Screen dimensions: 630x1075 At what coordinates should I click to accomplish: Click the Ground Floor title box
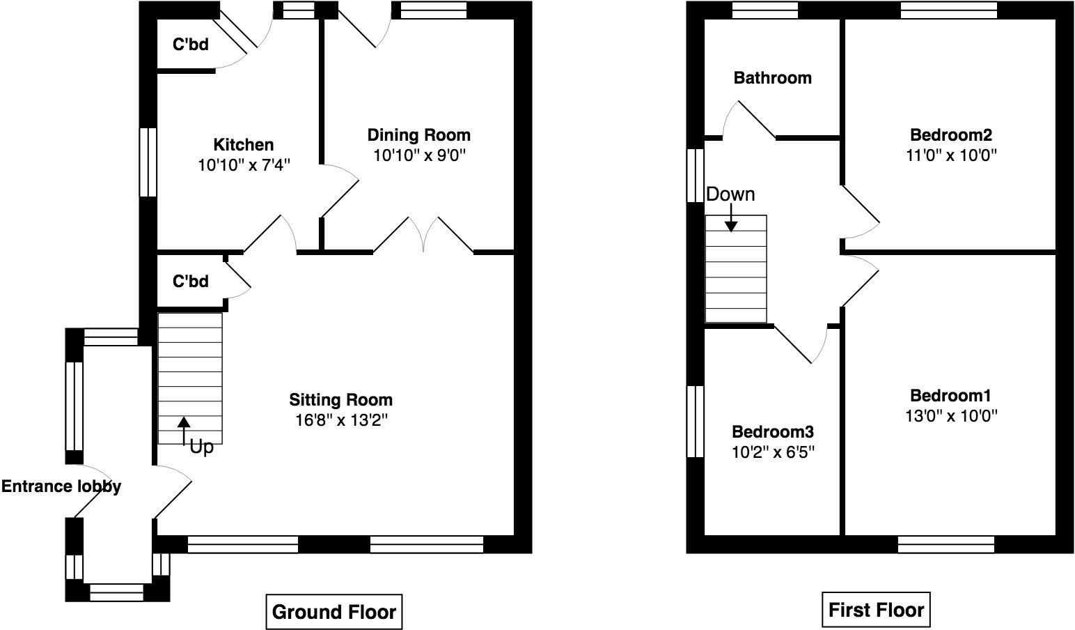[334, 612]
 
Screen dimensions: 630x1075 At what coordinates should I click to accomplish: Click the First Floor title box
[876, 610]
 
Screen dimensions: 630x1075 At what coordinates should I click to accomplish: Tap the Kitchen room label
[243, 145]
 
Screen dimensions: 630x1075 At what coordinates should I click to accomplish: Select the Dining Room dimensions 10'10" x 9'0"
[419, 155]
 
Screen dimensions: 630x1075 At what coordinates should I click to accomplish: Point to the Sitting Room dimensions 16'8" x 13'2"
[340, 420]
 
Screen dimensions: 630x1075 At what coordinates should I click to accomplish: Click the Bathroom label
[772, 77]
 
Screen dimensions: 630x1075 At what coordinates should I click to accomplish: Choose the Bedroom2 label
[950, 135]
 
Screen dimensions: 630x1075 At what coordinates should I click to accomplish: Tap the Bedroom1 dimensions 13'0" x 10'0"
[950, 416]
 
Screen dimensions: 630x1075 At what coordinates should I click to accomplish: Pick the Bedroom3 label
[773, 431]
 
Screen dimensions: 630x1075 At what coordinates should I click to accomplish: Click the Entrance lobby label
[61, 486]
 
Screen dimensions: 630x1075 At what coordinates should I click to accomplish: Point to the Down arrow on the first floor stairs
[731, 217]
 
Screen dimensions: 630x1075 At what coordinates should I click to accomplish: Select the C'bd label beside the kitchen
[190, 45]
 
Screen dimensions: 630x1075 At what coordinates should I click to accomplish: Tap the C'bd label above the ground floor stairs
[190, 281]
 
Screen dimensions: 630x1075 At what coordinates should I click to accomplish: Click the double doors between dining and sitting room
[423, 236]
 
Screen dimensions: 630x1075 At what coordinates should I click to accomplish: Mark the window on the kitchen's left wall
[147, 162]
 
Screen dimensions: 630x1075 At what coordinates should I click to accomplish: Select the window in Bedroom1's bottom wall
[945, 544]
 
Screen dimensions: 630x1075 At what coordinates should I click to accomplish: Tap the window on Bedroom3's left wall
[695, 421]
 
